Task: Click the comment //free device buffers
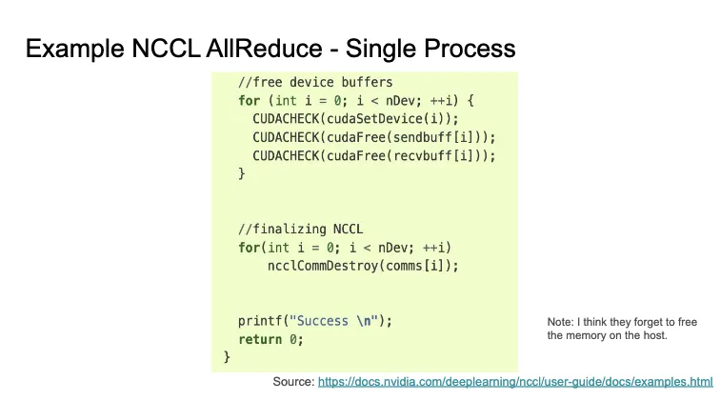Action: tap(315, 82)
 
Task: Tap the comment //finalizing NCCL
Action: tap(301, 230)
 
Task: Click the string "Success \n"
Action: tap(334, 321)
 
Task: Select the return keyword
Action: tap(260, 339)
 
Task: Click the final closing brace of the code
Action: tap(227, 357)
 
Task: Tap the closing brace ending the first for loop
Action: tap(242, 173)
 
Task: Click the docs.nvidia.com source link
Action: tap(515, 381)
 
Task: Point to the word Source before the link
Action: tap(292, 381)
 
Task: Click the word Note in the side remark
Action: tap(560, 322)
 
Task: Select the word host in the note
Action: tap(653, 335)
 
